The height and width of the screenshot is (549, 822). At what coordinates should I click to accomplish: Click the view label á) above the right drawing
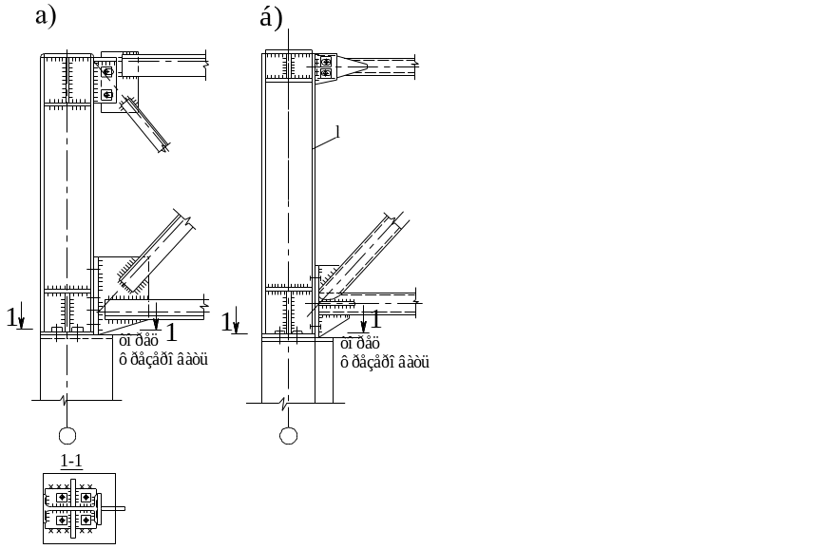click(270, 16)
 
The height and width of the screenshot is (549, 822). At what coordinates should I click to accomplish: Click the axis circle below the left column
click(67, 436)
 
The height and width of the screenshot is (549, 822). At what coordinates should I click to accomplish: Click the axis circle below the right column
click(289, 436)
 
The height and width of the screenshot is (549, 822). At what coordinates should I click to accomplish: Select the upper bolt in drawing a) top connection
click(106, 71)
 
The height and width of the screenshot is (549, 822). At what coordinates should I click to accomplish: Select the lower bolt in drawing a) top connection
click(107, 95)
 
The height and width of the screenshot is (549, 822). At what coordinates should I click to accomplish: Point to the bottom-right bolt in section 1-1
click(86, 520)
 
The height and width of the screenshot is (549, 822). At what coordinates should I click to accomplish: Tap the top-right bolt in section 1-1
click(86, 497)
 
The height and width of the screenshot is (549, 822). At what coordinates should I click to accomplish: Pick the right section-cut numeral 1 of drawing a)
click(171, 331)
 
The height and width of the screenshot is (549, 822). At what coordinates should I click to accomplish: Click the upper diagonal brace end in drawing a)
click(163, 145)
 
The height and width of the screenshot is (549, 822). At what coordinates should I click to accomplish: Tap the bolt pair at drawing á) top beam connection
click(326, 66)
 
